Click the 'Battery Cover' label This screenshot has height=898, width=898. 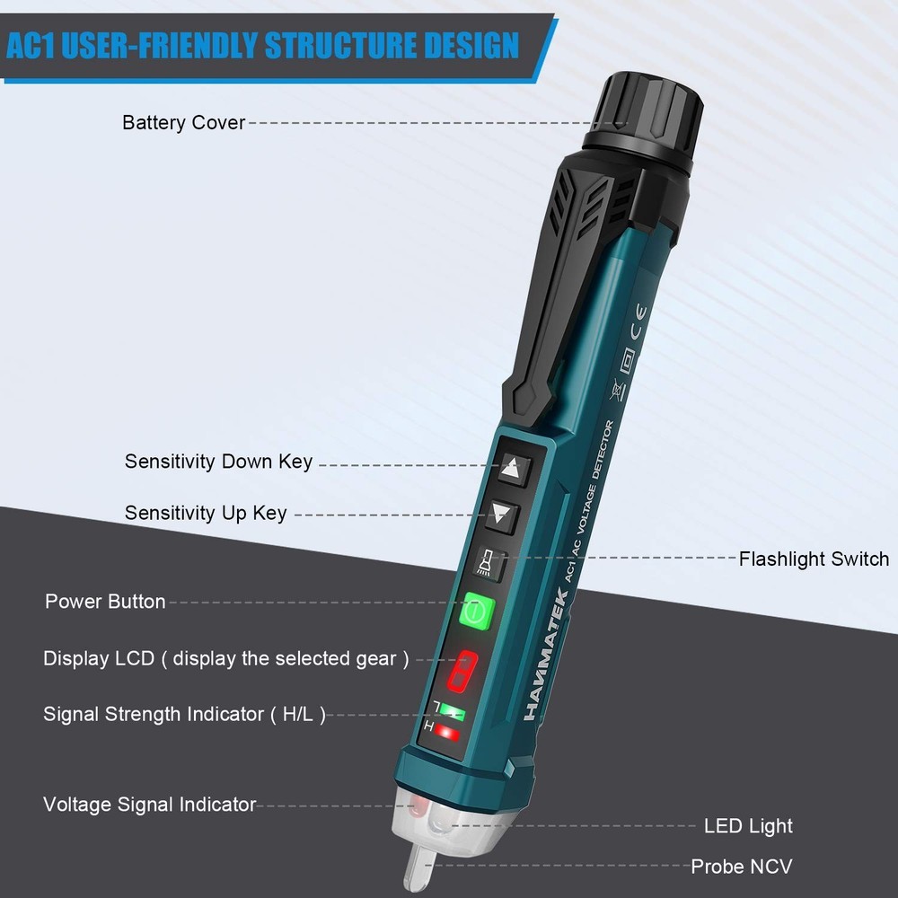point(183,122)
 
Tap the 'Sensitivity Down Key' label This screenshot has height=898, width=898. point(218,462)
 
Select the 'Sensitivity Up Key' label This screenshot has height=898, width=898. point(206,513)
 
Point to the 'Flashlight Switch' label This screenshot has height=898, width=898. point(814,559)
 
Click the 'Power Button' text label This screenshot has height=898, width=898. point(105,602)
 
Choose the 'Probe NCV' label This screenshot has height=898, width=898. point(742,867)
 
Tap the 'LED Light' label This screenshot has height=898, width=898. point(748,825)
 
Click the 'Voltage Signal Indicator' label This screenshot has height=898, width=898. point(149,805)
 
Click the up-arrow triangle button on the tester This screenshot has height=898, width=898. point(513,467)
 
